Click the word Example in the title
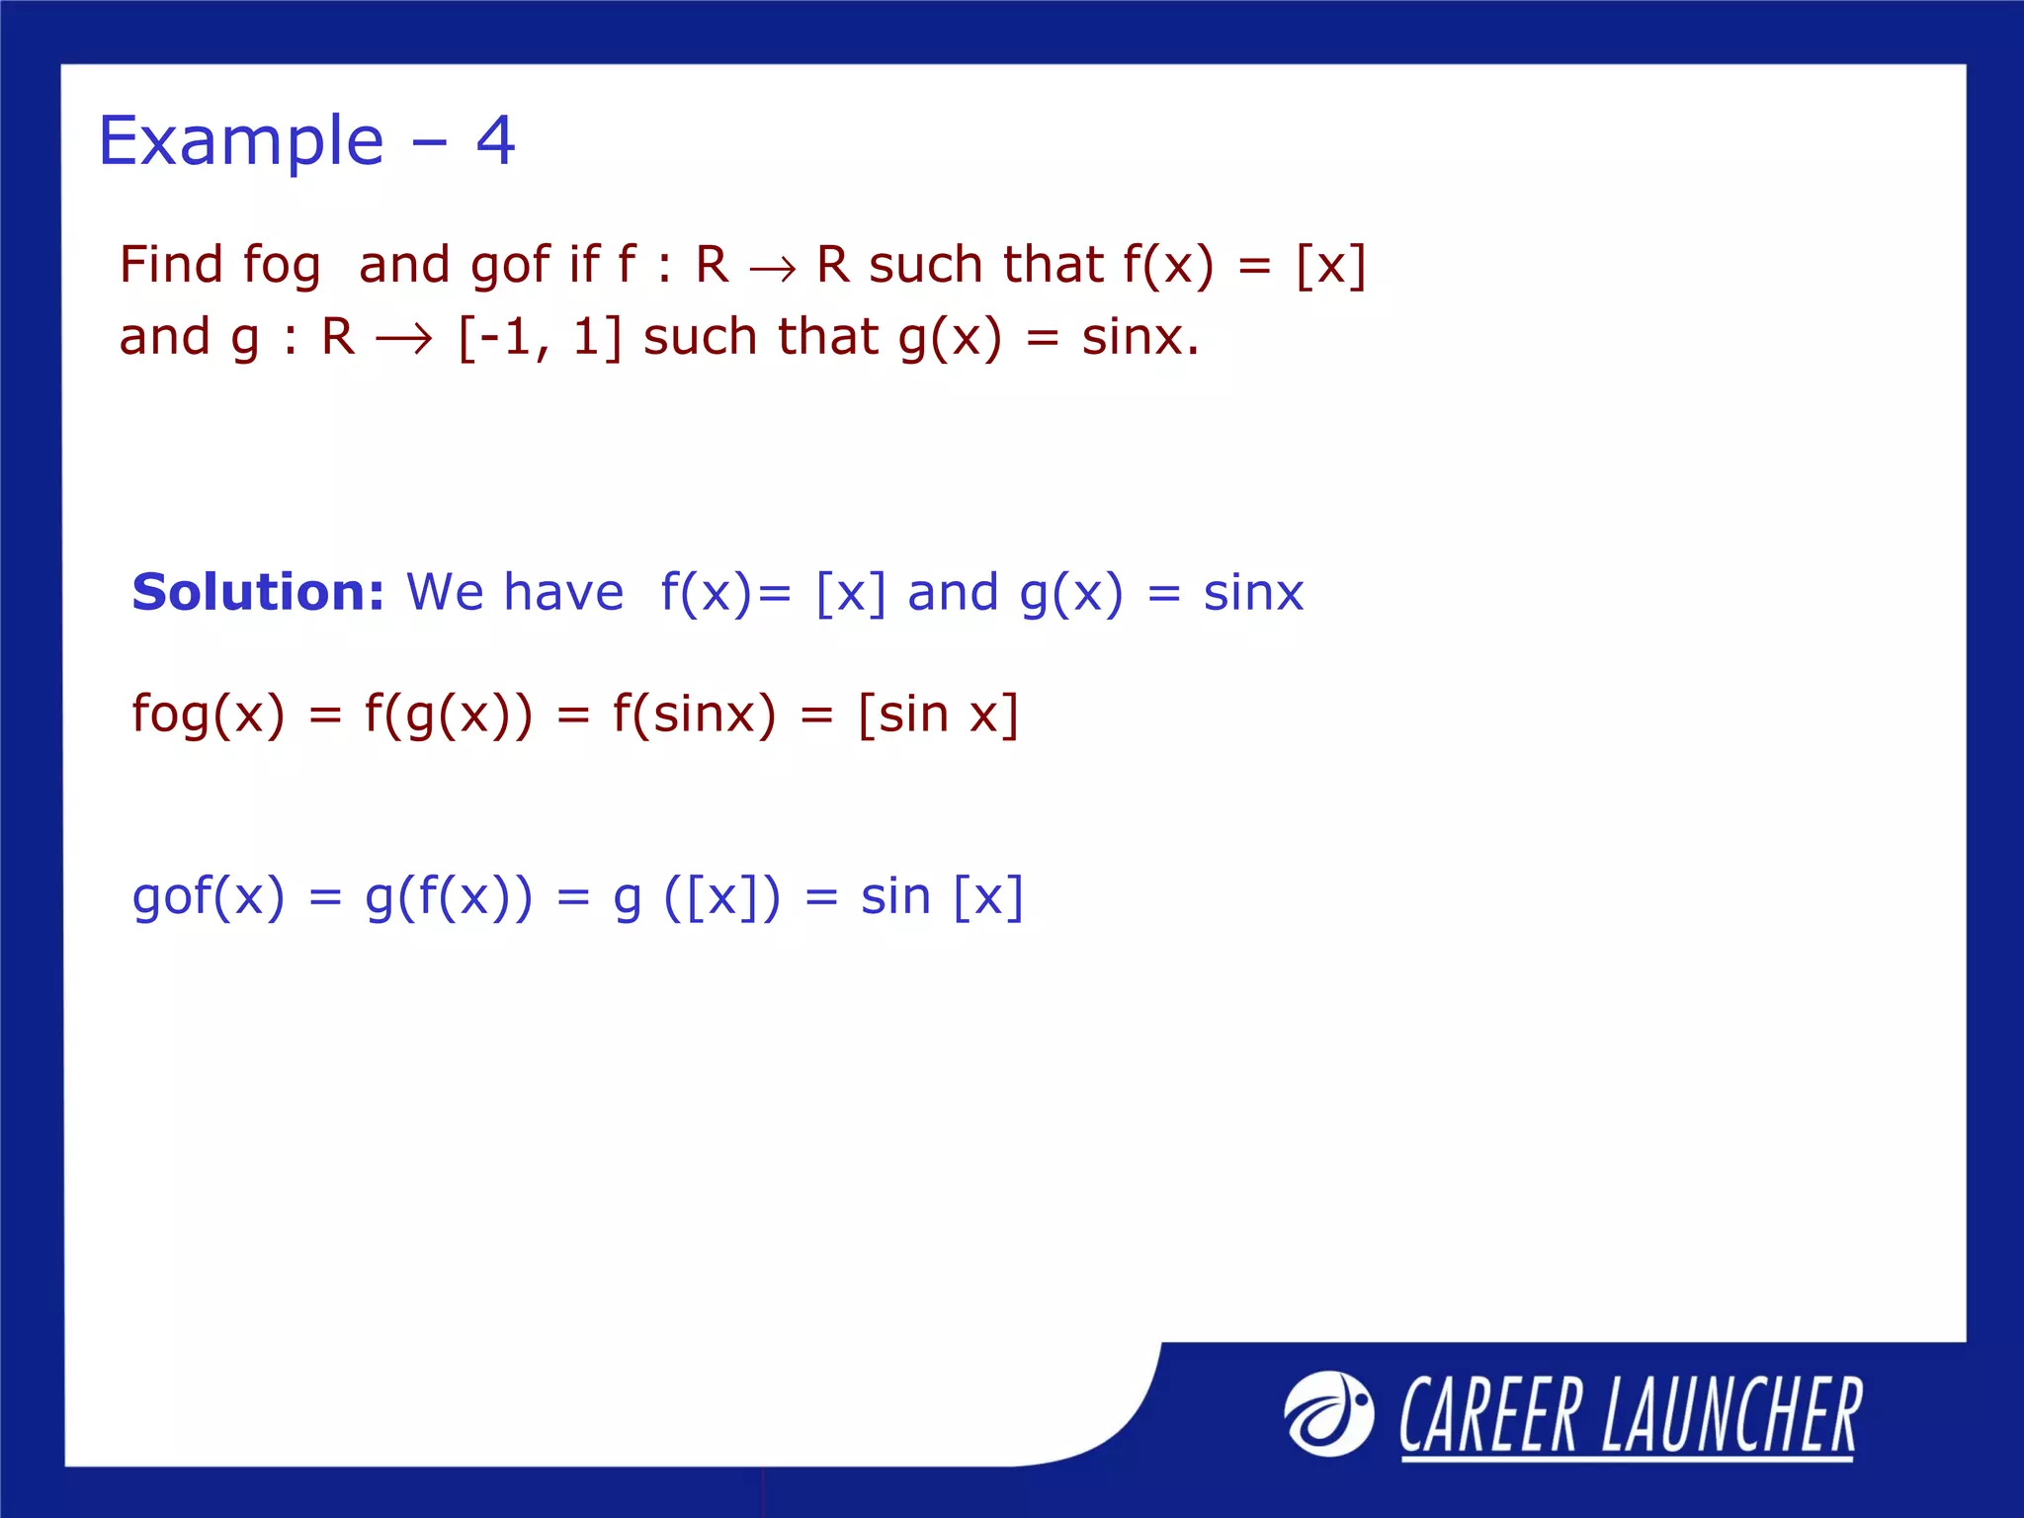point(241,141)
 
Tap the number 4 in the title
point(495,140)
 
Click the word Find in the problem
point(171,265)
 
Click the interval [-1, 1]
point(540,337)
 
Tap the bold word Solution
point(258,592)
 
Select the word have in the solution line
point(563,592)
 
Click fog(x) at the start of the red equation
point(208,714)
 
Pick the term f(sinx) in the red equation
point(694,714)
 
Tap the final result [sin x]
point(938,714)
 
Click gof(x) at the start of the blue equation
point(208,897)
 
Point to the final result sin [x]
point(942,897)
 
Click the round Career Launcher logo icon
point(1328,1413)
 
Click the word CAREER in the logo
point(1489,1415)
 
